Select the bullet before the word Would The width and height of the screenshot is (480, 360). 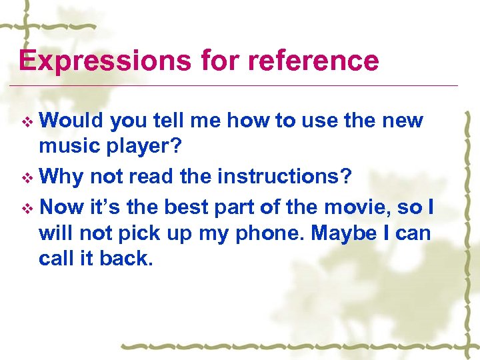coord(27,122)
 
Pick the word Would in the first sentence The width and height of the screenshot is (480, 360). coord(72,121)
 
